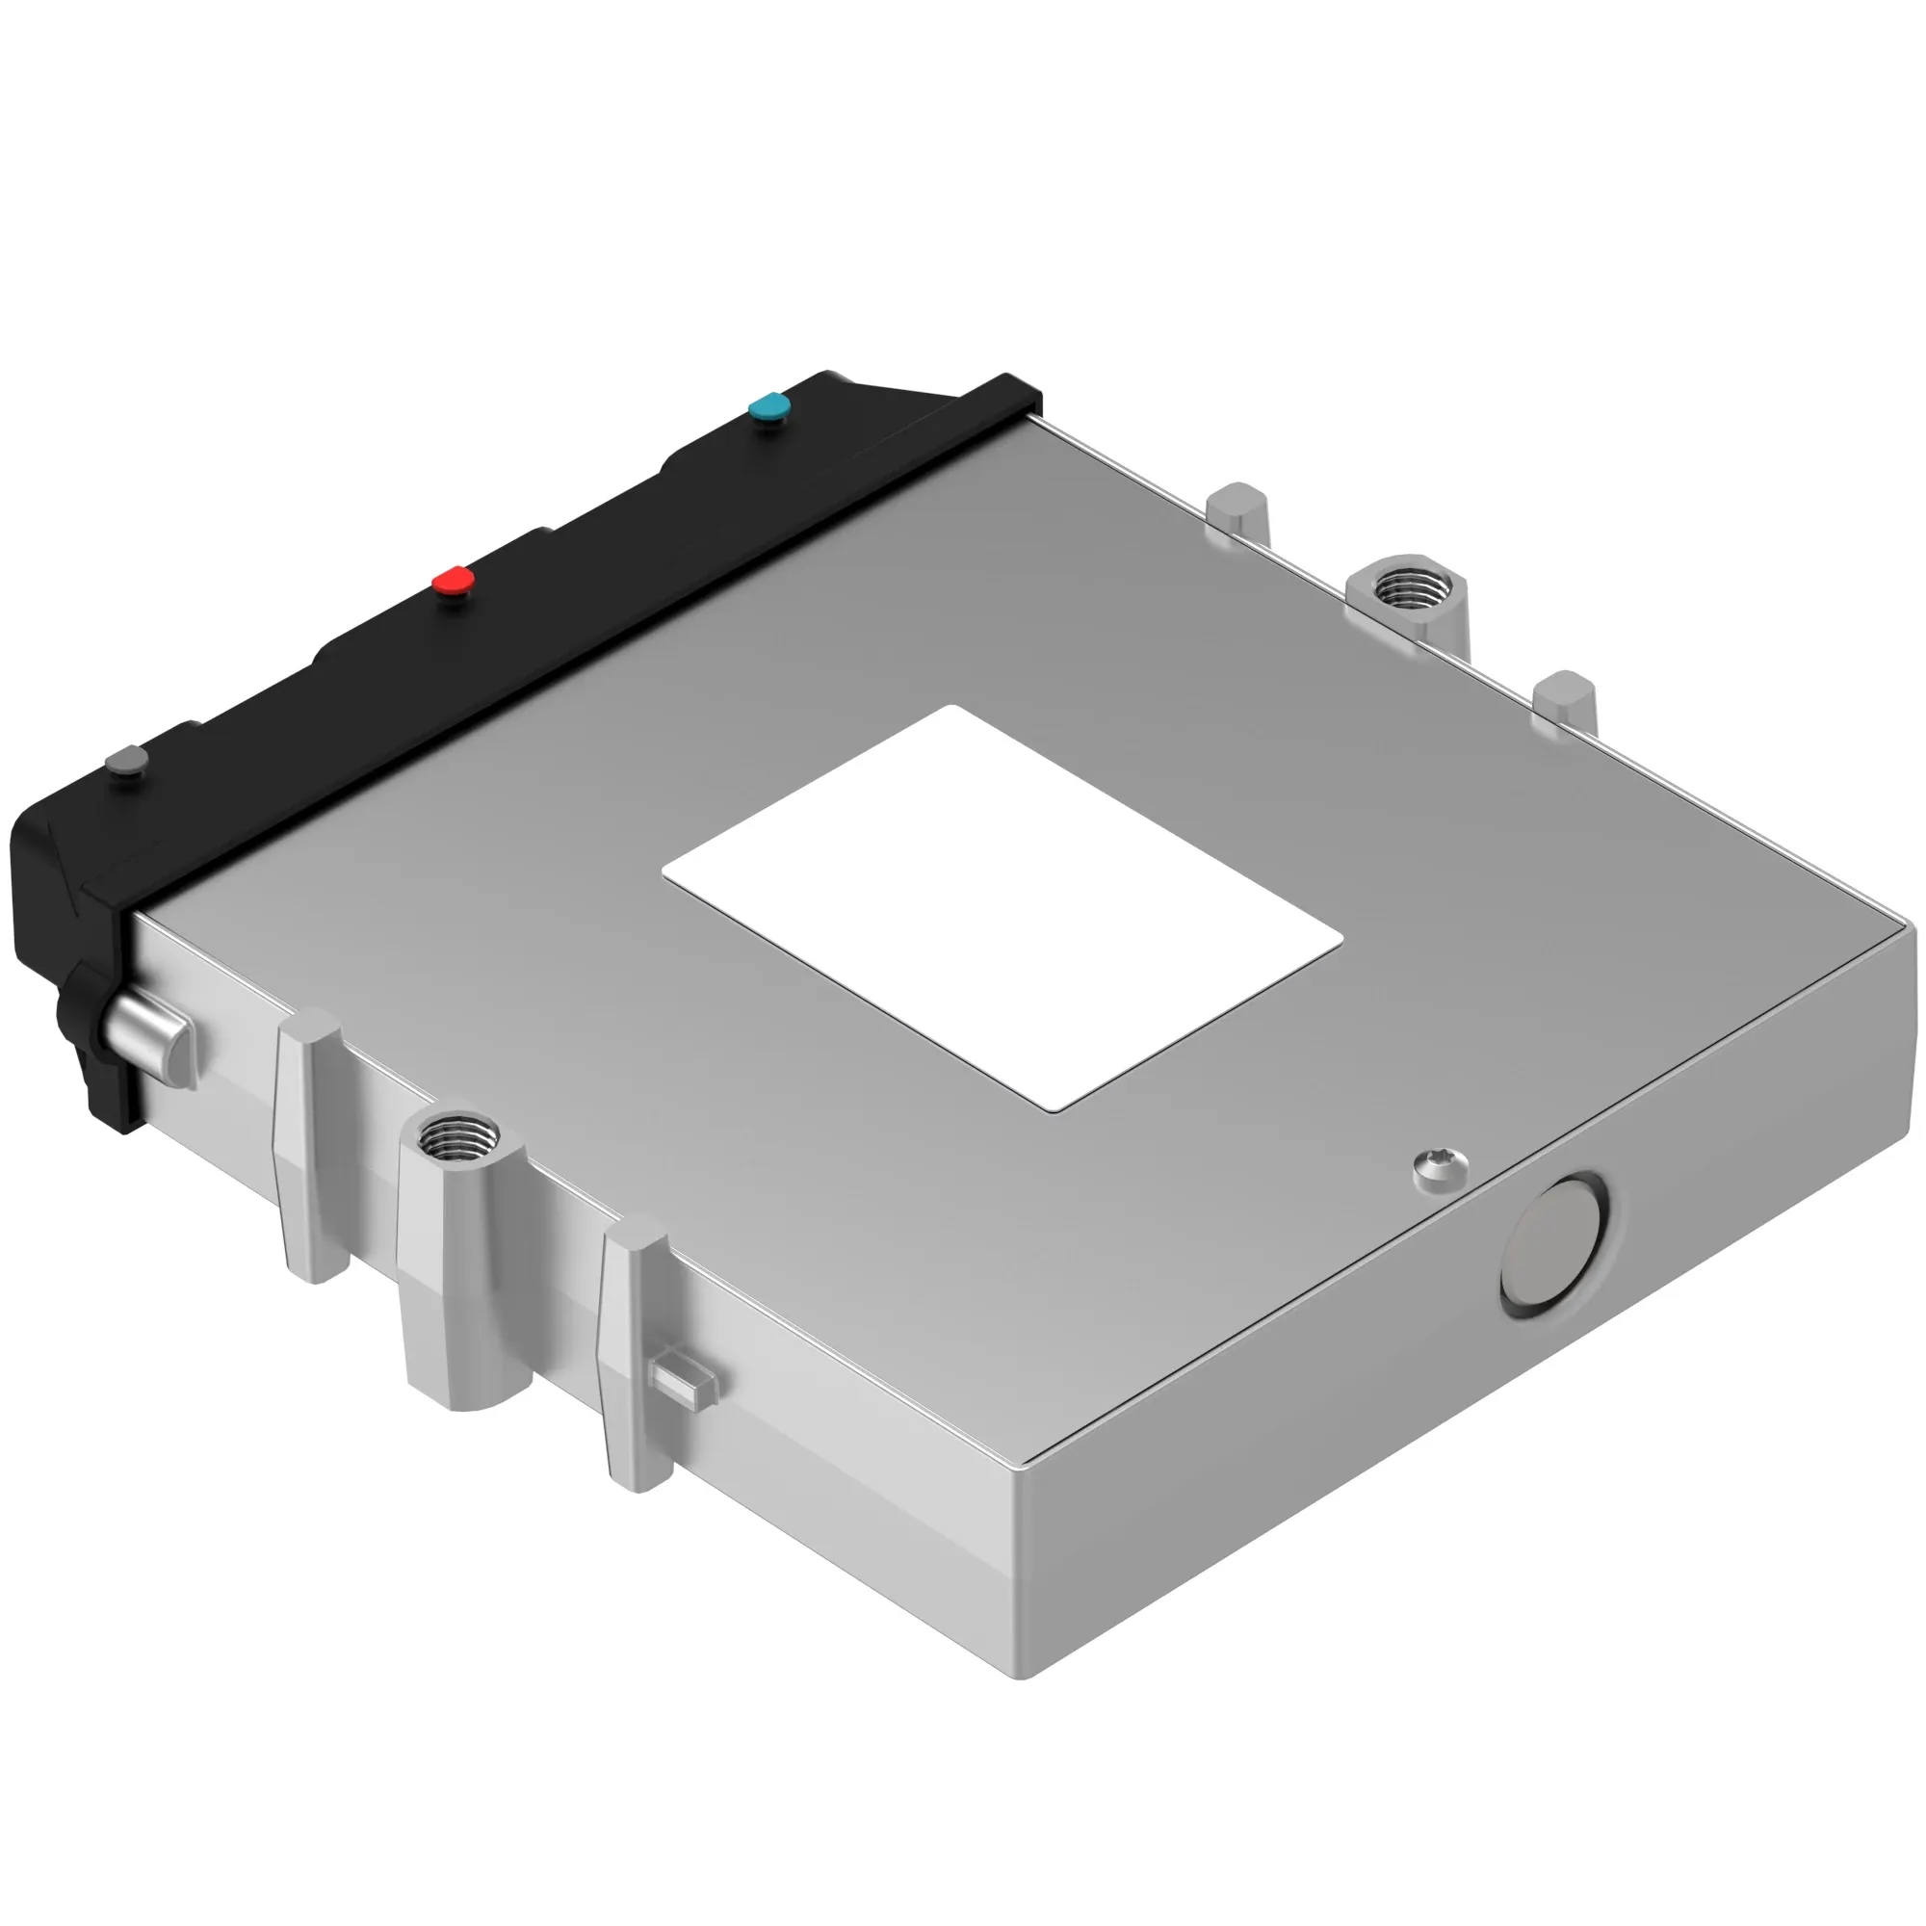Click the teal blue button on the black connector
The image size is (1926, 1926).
768,406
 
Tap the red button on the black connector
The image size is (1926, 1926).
454,580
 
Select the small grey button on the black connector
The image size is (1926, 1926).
126,762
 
